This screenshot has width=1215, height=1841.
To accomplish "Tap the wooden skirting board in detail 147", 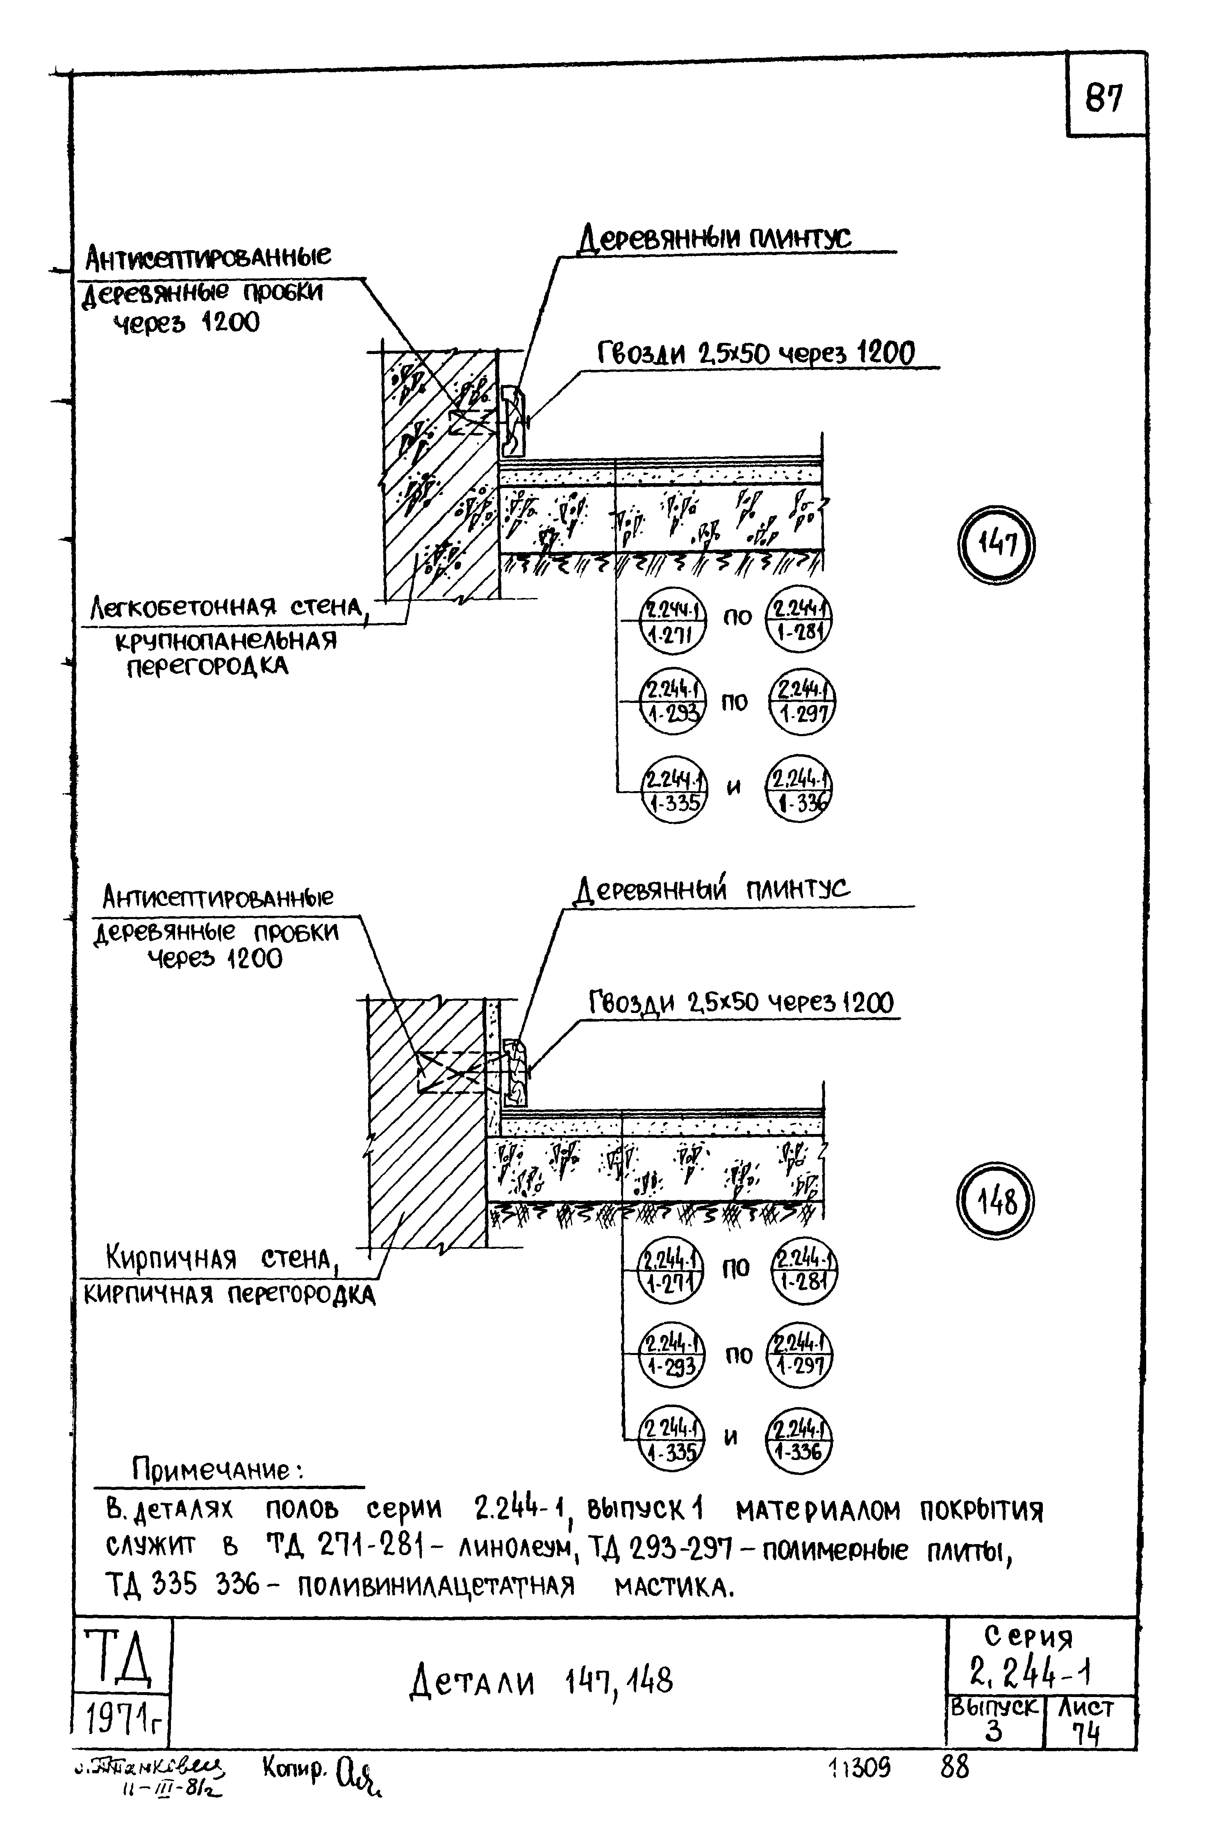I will click(513, 422).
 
